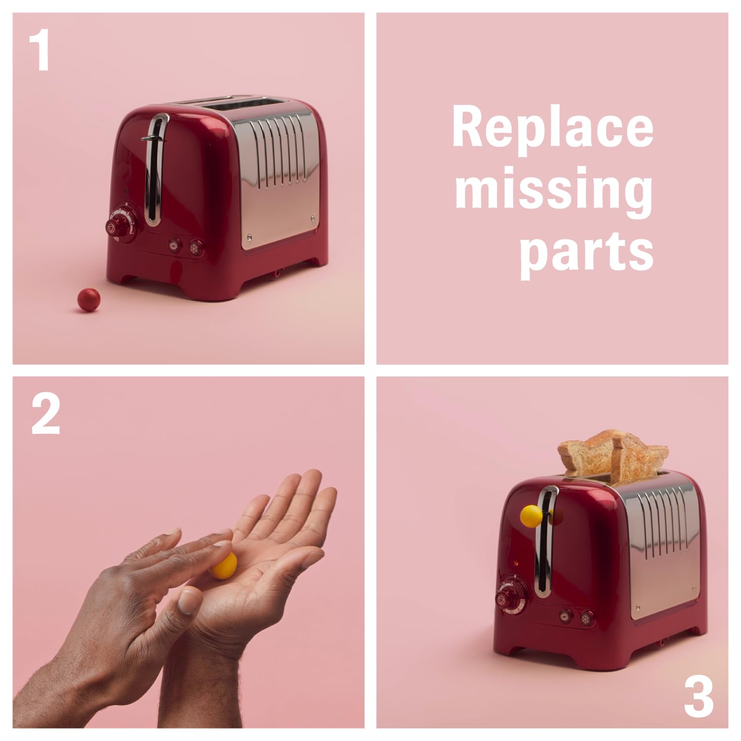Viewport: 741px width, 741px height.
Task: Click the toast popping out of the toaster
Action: [x=613, y=455]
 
